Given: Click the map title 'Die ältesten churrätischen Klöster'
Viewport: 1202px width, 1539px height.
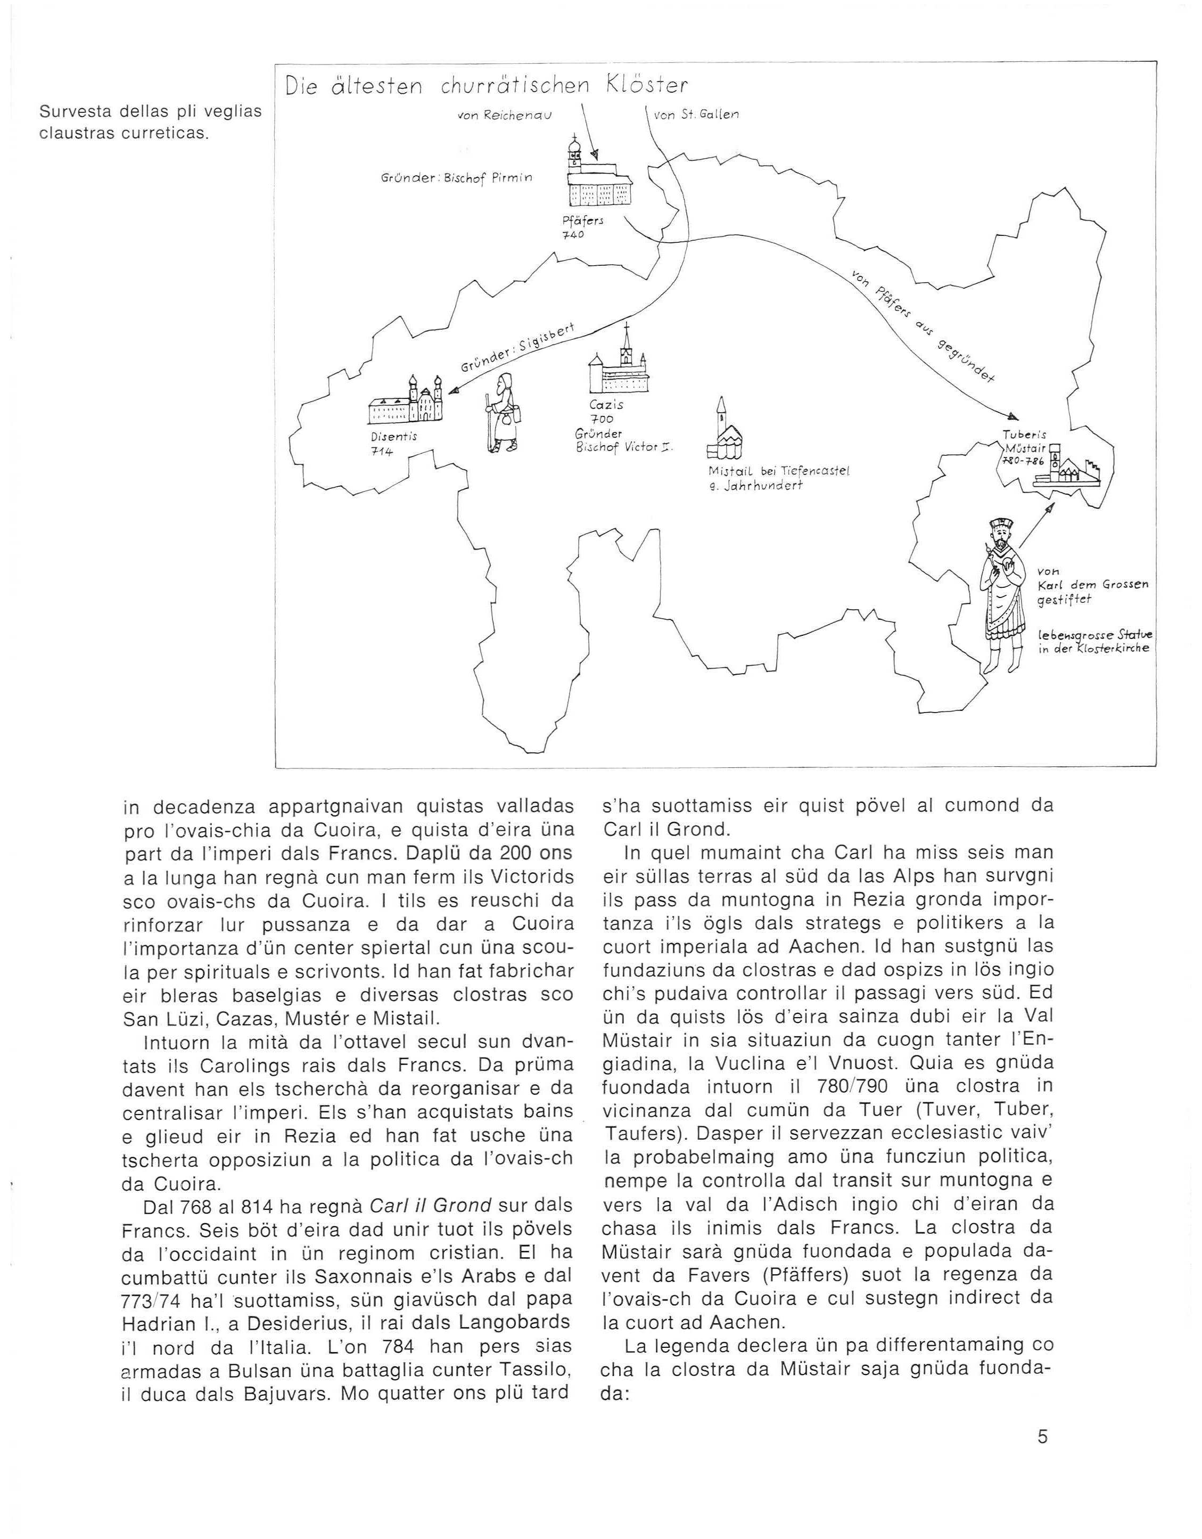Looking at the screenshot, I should pos(486,86).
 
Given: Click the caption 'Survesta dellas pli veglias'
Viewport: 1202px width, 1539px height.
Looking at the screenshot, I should pos(150,112).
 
